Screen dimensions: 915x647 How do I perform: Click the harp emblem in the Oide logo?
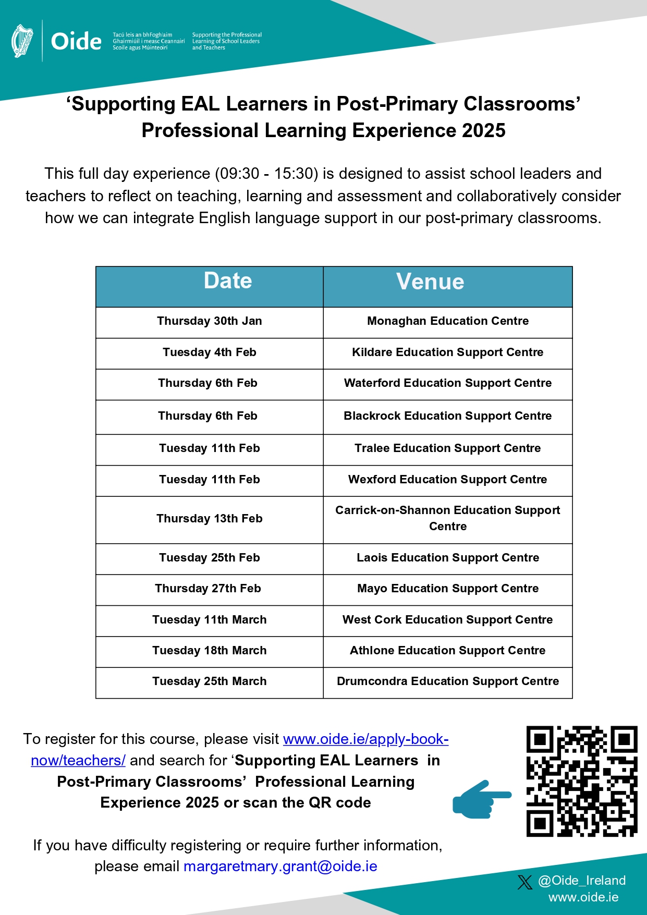(22, 41)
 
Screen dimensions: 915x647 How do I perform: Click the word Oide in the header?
(76, 41)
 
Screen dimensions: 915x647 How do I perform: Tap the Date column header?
(228, 281)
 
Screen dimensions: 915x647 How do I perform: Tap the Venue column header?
(430, 282)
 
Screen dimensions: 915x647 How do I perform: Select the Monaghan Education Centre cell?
(447, 321)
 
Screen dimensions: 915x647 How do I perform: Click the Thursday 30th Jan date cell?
(210, 321)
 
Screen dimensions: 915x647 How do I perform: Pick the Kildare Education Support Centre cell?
(447, 352)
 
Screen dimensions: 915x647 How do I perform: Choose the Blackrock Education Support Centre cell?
(447, 416)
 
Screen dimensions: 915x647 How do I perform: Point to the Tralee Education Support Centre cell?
(447, 448)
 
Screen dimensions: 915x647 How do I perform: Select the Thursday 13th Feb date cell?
(210, 519)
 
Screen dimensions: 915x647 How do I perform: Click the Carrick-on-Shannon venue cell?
(447, 518)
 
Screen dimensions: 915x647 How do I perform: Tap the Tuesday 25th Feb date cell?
(210, 558)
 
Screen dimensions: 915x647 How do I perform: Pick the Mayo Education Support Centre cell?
(447, 589)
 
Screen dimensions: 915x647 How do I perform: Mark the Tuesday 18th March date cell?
(210, 651)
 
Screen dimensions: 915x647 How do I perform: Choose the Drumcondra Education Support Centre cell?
(447, 681)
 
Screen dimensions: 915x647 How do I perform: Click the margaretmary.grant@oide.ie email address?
(280, 867)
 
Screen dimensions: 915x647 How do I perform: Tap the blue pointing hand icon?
(481, 799)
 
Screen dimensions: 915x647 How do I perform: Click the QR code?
(582, 781)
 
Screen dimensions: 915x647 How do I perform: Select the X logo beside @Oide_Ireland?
(525, 882)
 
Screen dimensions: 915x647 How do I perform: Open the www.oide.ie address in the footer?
(583, 897)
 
